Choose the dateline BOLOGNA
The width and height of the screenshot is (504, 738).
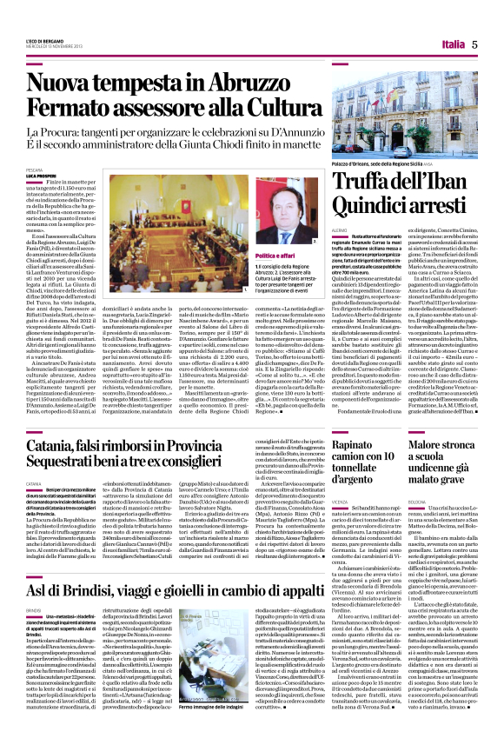coord(414,480)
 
